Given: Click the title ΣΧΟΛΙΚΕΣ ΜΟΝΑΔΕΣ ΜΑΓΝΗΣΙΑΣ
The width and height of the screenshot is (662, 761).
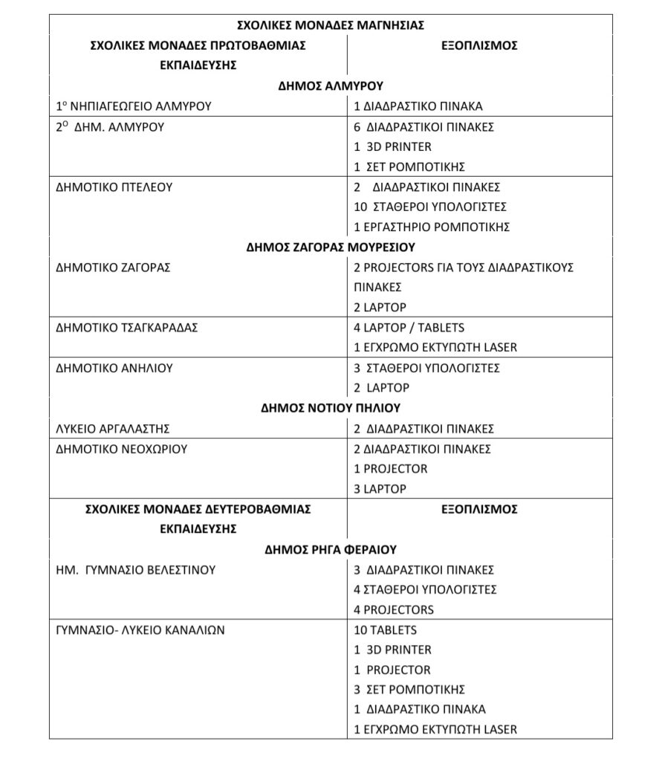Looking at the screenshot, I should click(x=331, y=25).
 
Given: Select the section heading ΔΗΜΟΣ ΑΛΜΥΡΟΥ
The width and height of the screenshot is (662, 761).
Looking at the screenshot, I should click(x=331, y=85).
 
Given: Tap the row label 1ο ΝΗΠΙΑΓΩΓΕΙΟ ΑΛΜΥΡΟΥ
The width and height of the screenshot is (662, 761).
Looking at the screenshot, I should click(x=134, y=106).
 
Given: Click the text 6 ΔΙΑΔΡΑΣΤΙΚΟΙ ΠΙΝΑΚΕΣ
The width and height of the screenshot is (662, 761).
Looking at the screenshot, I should click(x=424, y=127).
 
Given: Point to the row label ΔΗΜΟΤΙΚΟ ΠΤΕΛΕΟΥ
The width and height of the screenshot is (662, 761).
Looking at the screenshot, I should click(x=114, y=187).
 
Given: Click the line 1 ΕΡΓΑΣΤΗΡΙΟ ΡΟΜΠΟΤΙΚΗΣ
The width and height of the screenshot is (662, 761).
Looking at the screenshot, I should click(x=432, y=227).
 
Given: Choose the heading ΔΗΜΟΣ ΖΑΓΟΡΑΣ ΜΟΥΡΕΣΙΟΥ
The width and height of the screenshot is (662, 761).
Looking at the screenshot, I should click(x=331, y=247).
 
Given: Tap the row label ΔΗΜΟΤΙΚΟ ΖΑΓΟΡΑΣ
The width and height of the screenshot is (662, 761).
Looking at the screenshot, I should click(x=113, y=268).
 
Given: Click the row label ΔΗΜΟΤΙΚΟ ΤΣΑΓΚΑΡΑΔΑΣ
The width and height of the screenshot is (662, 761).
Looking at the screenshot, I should click(x=127, y=328).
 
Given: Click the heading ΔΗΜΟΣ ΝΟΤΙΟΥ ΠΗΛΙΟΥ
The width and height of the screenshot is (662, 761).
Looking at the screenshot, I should click(x=331, y=408).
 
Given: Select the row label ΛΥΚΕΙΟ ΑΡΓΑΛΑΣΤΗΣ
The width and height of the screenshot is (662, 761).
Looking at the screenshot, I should click(x=113, y=429).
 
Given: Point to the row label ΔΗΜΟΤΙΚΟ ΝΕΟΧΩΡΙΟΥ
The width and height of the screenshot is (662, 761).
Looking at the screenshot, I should click(x=121, y=449).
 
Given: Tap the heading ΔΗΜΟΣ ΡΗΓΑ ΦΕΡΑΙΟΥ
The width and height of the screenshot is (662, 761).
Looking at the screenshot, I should click(x=331, y=550).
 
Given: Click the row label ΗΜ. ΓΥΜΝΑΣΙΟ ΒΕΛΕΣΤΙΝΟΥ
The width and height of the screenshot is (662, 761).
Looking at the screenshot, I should click(x=135, y=570).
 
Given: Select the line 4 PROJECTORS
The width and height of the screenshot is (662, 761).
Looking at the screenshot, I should click(x=394, y=610).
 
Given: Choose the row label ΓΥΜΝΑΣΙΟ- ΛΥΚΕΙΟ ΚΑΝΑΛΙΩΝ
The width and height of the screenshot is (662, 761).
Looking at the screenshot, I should click(x=140, y=630).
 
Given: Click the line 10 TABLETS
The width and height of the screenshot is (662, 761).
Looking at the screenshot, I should click(x=385, y=630).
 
